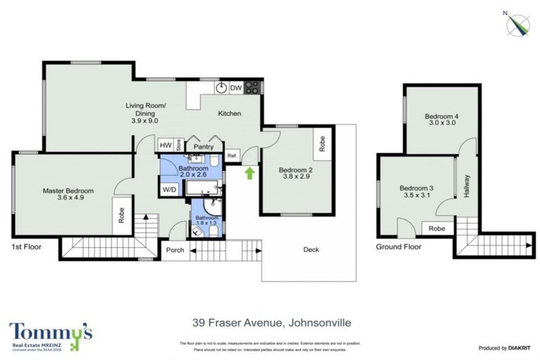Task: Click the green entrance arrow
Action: coord(249,172)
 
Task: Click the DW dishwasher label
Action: coord(236,88)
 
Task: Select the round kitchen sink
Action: coord(221,88)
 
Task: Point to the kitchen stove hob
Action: coord(253,88)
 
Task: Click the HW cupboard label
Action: coord(166,146)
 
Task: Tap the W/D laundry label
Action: coord(169,189)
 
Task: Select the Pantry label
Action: coord(204,146)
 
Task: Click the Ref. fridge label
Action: coord(232,156)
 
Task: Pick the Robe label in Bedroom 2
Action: coord(323,144)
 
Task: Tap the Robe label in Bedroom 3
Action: coord(437,229)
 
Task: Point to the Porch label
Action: coord(175,250)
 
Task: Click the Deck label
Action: coord(311,250)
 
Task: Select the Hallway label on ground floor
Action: coord(466,186)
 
